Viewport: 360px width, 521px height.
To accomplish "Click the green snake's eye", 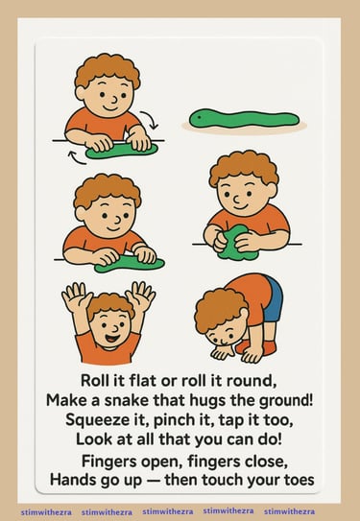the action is pos(200,117).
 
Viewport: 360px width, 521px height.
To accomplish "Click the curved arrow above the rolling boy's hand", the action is pos(149,119).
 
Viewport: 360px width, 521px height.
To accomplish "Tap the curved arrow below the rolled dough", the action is pos(77,157).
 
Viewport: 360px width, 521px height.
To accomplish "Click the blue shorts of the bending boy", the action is pos(274,299).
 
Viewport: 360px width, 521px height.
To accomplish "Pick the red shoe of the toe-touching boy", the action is pos(256,347).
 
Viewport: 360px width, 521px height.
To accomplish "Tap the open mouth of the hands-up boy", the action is pos(112,340).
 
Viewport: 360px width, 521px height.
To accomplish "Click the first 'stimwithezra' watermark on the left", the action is pos(46,512).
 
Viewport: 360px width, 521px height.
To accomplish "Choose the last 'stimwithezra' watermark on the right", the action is pos(289,511).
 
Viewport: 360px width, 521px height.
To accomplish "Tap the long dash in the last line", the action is pos(153,481).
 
